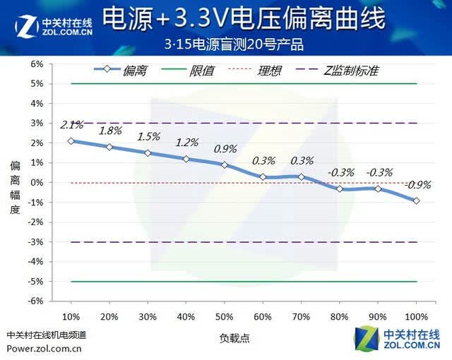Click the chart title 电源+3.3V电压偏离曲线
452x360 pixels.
[x=244, y=18]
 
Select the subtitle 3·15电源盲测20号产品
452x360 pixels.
[x=234, y=44]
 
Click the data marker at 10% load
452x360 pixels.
[x=71, y=141]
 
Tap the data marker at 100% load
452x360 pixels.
[x=416, y=200]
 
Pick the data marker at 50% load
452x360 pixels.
[x=225, y=165]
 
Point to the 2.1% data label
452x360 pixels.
[x=72, y=125]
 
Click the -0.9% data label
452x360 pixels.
[x=417, y=185]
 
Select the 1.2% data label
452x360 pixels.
[x=187, y=143]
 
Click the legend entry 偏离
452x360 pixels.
[x=121, y=71]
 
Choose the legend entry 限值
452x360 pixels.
[x=188, y=71]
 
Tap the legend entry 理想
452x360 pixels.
[x=254, y=71]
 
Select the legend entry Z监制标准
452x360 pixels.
[x=338, y=71]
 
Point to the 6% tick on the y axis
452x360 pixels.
[x=37, y=64]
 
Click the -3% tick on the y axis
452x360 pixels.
[x=35, y=242]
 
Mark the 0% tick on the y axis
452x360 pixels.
[x=37, y=182]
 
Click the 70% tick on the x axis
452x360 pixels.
[x=301, y=317]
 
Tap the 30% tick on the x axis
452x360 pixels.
[x=148, y=317]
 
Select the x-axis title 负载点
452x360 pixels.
[x=234, y=338]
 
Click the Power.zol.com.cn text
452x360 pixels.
[x=44, y=349]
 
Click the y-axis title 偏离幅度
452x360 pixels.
[x=15, y=188]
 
